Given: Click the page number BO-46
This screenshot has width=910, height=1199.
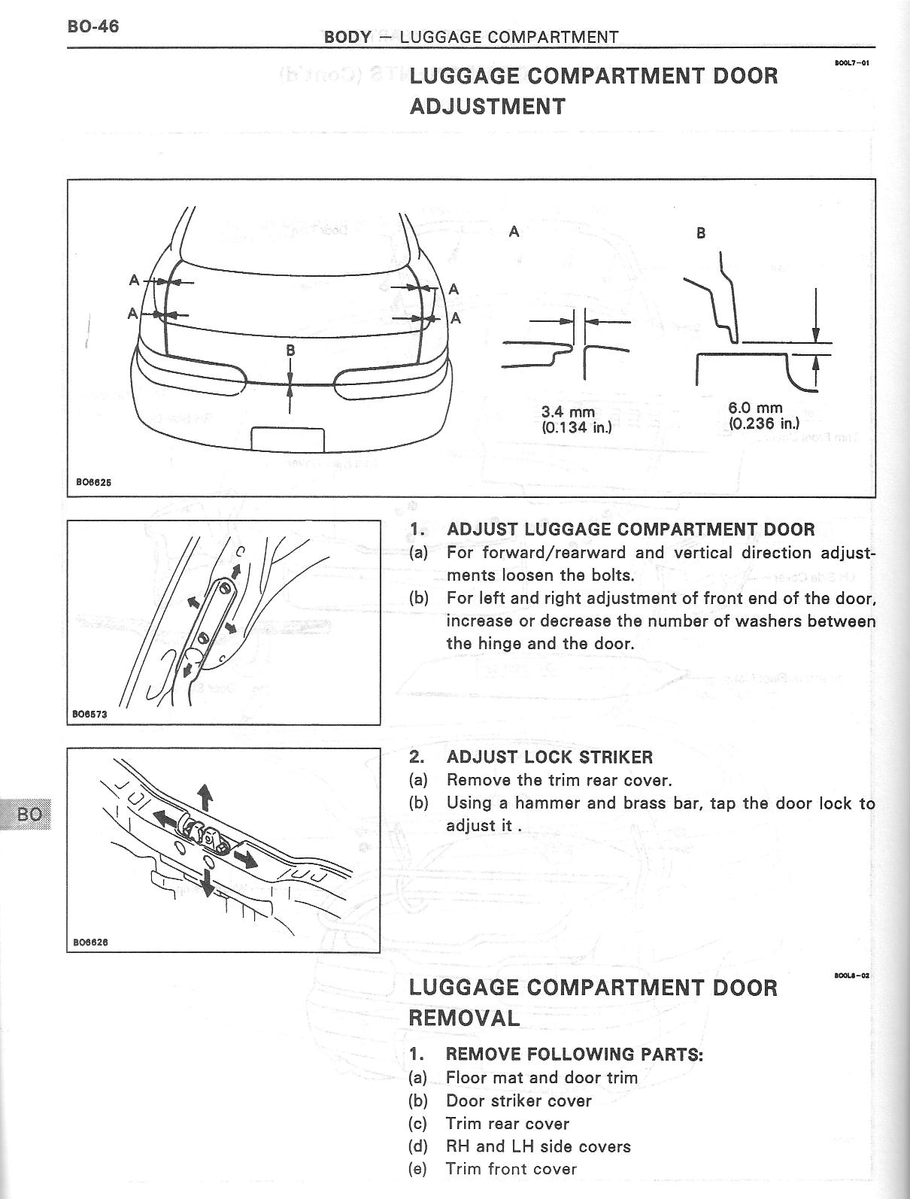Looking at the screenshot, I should [x=93, y=27].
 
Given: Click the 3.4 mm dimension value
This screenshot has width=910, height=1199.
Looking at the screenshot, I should [x=568, y=412].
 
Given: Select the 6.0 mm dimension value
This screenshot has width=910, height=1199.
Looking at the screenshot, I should [x=755, y=408].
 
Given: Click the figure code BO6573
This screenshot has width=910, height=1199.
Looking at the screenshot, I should [x=90, y=715].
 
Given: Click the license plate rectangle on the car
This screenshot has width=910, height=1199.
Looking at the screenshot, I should [x=287, y=439].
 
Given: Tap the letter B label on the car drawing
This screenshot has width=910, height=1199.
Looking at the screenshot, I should [x=290, y=351].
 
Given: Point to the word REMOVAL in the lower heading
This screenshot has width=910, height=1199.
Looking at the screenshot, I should [x=464, y=1018].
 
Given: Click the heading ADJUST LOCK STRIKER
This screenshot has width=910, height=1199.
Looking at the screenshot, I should [x=549, y=757].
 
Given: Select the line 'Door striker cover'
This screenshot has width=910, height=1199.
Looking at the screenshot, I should [x=519, y=1101].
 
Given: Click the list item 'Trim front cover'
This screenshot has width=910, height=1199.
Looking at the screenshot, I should [x=511, y=1169].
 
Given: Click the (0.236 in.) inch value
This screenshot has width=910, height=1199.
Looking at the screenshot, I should [x=763, y=423].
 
